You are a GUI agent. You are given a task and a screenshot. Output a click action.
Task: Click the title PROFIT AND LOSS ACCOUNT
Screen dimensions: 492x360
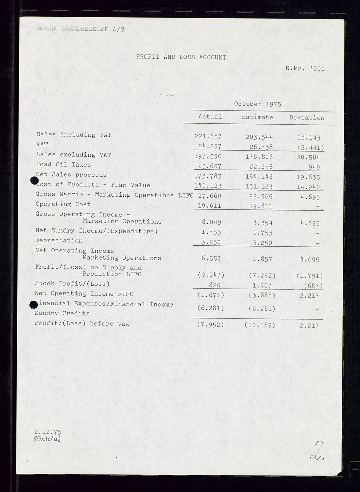pyautogui.click(x=181, y=57)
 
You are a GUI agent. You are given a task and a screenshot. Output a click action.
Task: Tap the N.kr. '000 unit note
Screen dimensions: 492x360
pyautogui.click(x=305, y=68)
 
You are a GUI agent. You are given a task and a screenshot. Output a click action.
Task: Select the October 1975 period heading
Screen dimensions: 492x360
pyautogui.click(x=258, y=104)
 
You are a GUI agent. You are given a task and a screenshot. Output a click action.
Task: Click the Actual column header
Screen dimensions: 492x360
pyautogui.click(x=210, y=117)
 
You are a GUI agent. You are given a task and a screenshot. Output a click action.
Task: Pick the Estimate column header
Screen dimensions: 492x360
pyautogui.click(x=257, y=117)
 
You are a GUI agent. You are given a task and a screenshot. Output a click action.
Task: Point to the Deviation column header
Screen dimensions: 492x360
pyautogui.click(x=307, y=118)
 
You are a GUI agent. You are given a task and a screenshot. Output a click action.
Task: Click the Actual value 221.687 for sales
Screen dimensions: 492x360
pyautogui.click(x=208, y=136)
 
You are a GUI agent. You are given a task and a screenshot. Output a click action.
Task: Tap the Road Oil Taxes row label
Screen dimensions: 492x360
pyautogui.click(x=63, y=164)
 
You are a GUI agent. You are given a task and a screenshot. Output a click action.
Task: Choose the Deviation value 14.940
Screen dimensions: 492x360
pyautogui.click(x=308, y=187)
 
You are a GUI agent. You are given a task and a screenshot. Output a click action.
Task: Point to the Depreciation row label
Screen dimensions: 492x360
pyautogui.click(x=59, y=240)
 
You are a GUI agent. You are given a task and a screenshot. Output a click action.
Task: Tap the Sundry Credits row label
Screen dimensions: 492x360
pyautogui.click(x=62, y=313)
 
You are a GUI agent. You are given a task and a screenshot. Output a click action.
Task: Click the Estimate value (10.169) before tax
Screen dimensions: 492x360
pyautogui.click(x=259, y=325)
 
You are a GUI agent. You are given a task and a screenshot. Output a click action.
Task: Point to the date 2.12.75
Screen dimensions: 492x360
pyautogui.click(x=48, y=432)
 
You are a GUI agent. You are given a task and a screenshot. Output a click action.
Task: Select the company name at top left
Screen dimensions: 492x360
pyautogui.click(x=81, y=29)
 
